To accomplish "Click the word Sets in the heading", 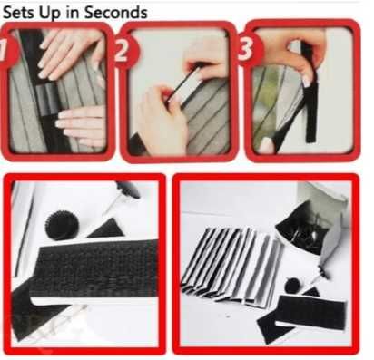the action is click(19, 13).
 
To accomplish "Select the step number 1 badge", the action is click(6, 50).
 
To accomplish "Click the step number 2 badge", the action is click(125, 50).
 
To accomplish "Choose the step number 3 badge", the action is click(250, 49).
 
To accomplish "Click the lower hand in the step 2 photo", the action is click(160, 121).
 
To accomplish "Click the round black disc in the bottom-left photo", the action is click(62, 225).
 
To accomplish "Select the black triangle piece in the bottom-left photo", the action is click(106, 229).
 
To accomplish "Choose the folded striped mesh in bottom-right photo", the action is click(231, 265).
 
